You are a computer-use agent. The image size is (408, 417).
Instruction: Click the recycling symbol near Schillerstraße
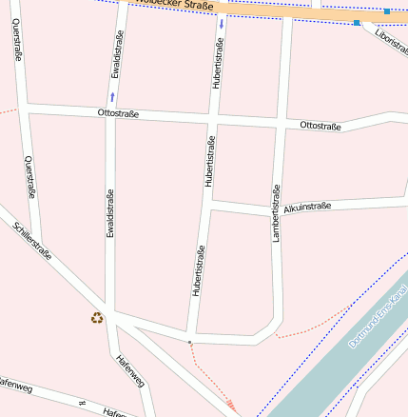pos(97,318)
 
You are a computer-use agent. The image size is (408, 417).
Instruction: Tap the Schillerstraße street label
pos(33,242)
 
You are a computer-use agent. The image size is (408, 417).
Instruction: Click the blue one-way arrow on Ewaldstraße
pos(113,97)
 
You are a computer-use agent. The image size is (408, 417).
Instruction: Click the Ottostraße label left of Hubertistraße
pos(118,114)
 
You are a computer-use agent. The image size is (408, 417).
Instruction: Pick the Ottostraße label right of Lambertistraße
pos(320,126)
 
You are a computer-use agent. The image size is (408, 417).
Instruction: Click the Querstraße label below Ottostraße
pos(30,178)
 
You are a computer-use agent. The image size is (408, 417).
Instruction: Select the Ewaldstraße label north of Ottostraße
pos(114,58)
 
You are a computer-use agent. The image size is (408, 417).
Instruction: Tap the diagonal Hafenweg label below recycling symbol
pos(129,370)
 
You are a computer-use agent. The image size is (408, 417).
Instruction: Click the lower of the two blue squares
pos(357,22)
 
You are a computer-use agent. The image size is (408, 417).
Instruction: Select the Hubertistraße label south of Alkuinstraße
pos(199,272)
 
